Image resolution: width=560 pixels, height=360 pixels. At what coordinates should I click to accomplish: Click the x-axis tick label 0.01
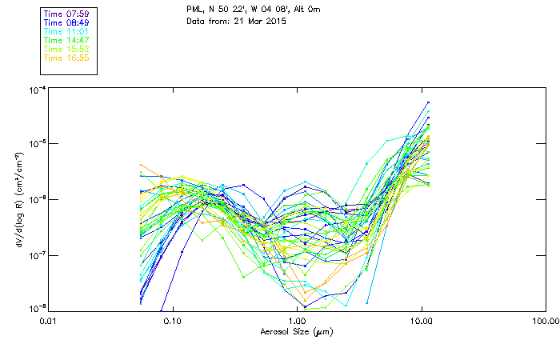coord(48,320)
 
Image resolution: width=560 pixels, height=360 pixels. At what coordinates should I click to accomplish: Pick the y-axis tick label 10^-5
coord(36,144)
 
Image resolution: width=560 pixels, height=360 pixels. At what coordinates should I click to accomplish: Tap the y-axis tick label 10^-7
coord(36,254)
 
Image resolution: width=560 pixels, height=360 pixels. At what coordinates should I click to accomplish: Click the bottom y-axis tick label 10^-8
coord(36,308)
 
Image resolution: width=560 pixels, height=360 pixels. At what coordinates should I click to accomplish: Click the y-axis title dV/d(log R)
coord(18,199)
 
